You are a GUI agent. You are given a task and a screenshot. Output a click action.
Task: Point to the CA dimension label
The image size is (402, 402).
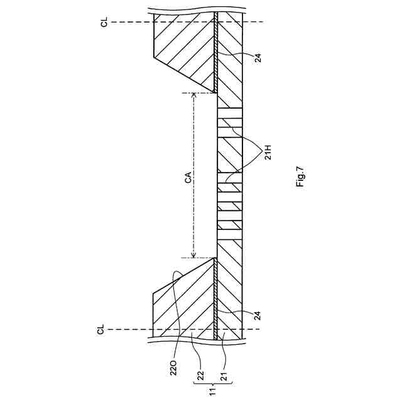[186, 175]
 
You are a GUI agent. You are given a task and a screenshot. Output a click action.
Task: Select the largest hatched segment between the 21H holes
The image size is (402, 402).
[230, 154]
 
